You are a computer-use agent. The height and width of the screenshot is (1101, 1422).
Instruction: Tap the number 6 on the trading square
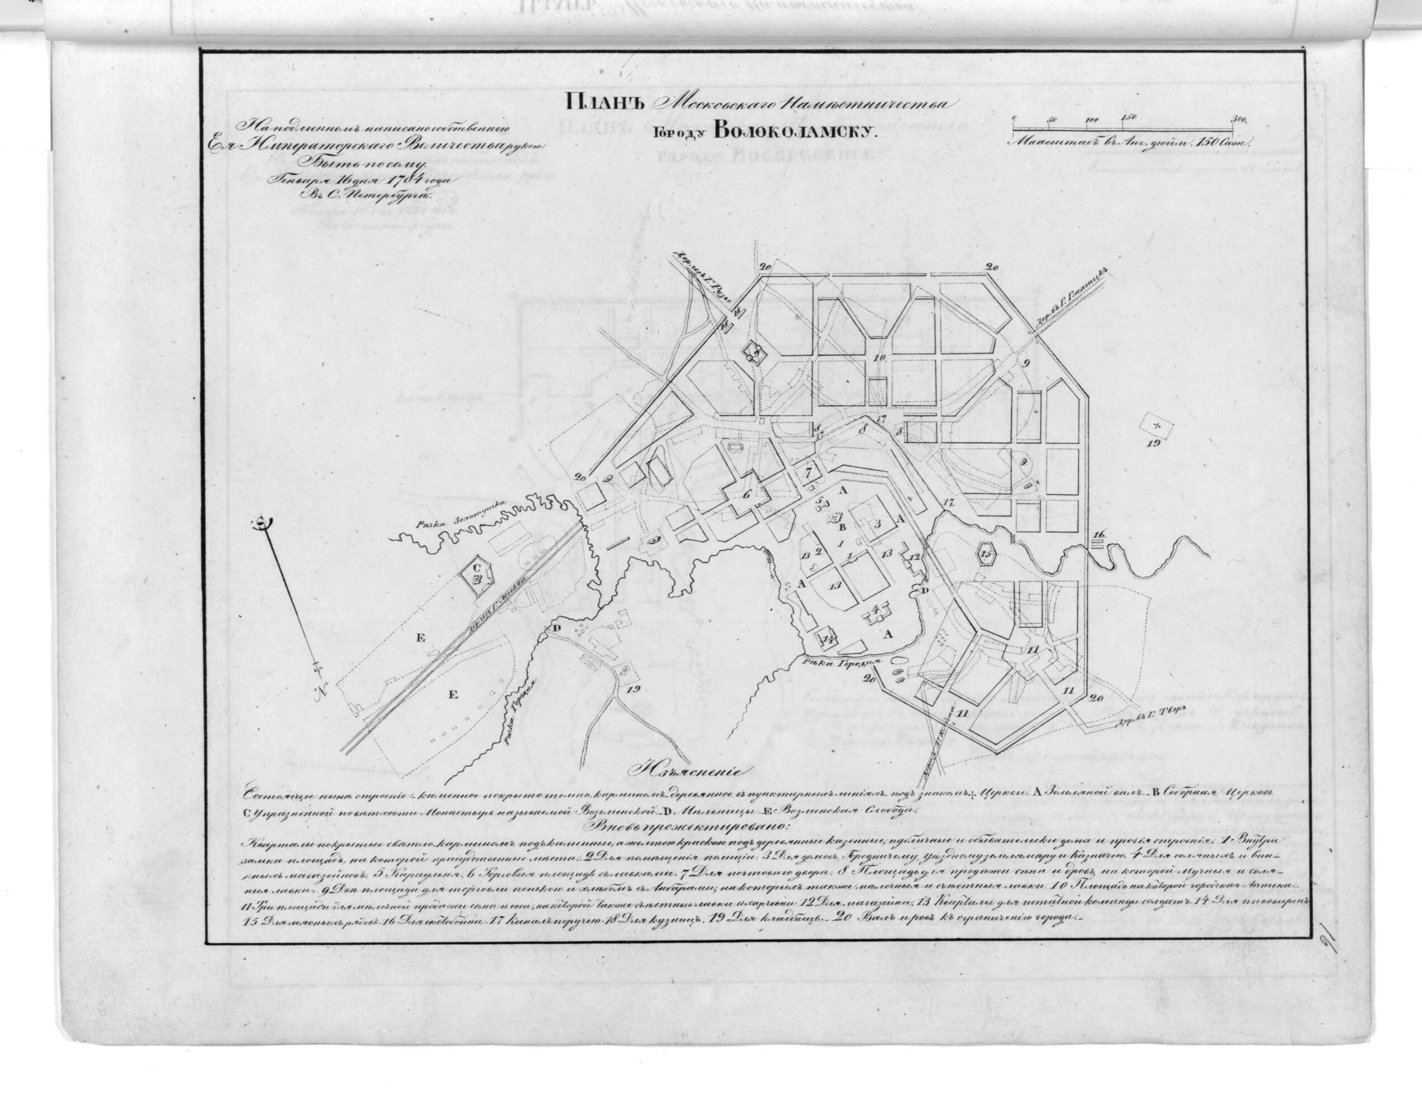pyautogui.click(x=747, y=493)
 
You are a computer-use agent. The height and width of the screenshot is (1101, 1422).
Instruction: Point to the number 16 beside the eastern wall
pyautogui.click(x=1099, y=535)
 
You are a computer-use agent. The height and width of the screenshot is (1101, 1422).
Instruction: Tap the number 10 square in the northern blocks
pyautogui.click(x=880, y=359)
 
